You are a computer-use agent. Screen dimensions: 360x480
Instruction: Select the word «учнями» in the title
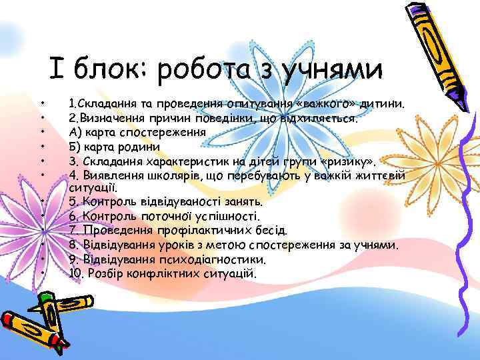coord(332,69)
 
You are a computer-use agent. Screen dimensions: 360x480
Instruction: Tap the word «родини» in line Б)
coord(137,147)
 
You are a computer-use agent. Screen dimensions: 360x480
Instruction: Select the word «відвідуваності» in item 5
coord(170,201)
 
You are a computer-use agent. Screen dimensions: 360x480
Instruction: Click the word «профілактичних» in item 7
coord(201,231)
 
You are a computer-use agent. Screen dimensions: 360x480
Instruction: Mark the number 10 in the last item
coord(75,273)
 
